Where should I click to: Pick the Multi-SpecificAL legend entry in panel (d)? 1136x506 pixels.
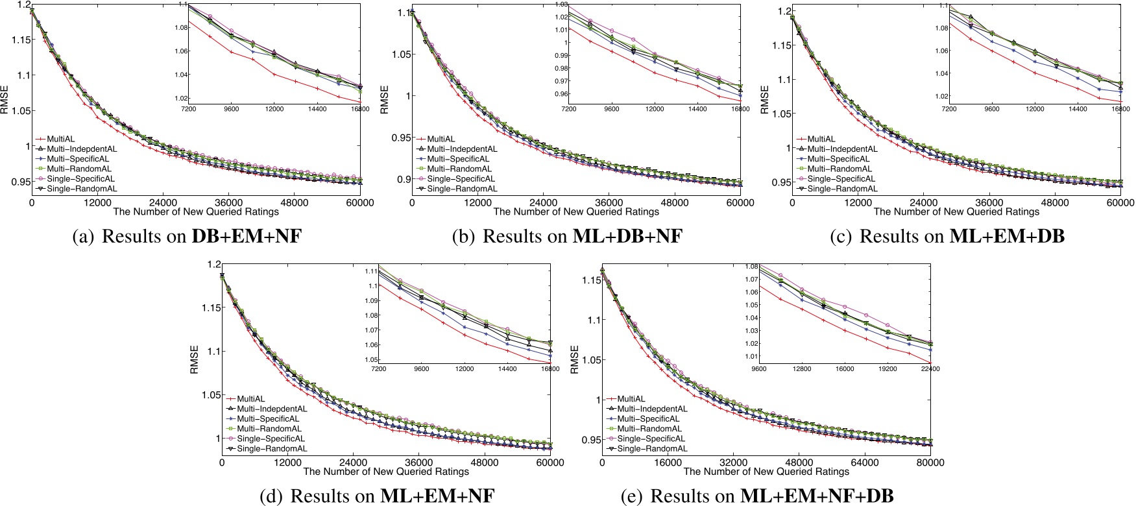268,418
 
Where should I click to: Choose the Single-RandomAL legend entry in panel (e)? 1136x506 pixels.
652,448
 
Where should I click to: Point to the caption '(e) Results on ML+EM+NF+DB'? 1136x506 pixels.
757,496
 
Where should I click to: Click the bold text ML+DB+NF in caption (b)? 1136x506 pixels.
627,236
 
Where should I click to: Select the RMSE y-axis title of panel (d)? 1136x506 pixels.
194,359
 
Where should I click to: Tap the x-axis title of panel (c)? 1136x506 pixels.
956,211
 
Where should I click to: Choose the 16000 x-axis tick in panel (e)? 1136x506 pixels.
668,463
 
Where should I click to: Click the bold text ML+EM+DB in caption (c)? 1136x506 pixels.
1007,236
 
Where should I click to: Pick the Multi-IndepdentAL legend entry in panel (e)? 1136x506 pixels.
652,409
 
